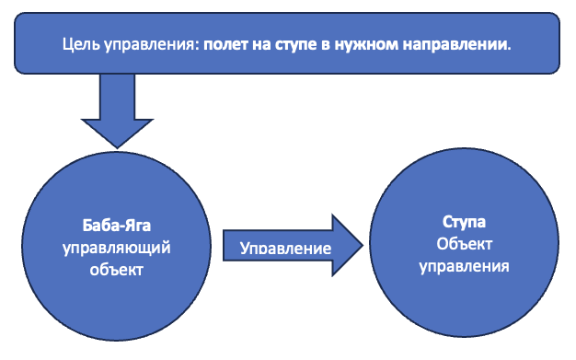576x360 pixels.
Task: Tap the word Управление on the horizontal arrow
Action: tap(285, 249)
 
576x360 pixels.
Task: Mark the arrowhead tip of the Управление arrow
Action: tap(364, 247)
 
